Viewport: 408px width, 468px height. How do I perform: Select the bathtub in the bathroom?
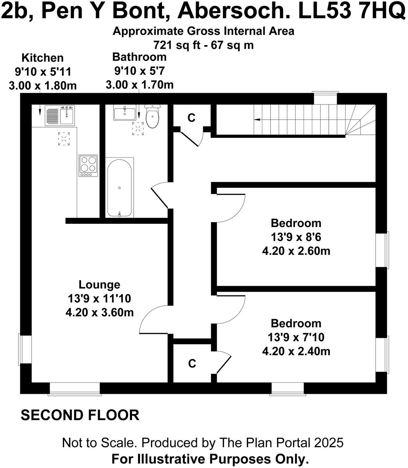click(x=119, y=188)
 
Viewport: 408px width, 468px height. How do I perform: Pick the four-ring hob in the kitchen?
click(x=89, y=165)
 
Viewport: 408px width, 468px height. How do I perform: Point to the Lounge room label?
click(x=99, y=285)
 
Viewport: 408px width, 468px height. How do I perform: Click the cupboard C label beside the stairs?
click(x=191, y=118)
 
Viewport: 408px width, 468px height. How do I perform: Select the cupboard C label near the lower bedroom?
click(x=192, y=364)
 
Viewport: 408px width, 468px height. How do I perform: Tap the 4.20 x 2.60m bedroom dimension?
click(x=296, y=251)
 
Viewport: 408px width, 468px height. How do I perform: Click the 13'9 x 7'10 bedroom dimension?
click(x=296, y=337)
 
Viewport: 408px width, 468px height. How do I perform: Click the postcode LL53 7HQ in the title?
click(x=351, y=12)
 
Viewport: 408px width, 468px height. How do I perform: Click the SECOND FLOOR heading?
click(x=80, y=415)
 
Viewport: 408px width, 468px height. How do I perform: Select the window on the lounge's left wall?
click(x=25, y=349)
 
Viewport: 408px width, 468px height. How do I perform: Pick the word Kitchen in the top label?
click(x=42, y=58)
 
